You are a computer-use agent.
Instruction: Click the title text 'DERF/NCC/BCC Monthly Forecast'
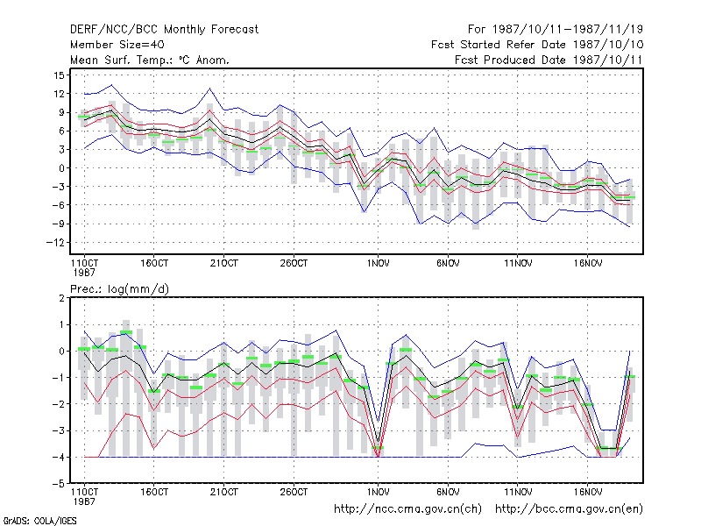coord(164,30)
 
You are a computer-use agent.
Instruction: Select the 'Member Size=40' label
coord(117,45)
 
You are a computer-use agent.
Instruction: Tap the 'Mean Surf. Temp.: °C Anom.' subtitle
coord(150,60)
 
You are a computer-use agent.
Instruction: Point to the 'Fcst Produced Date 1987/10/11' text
coord(549,60)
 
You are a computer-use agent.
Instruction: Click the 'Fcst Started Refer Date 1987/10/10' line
coord(537,45)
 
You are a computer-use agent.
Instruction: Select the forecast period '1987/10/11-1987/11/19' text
coord(567,30)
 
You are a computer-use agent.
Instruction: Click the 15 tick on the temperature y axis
coord(59,75)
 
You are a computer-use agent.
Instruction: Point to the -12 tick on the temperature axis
coord(55,243)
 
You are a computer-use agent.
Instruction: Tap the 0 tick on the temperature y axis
coord(61,168)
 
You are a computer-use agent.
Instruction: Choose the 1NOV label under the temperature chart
coord(378,264)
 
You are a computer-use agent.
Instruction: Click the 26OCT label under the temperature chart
coord(294,264)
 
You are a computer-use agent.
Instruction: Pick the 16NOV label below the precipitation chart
coord(587,492)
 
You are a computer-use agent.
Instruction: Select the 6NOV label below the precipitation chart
coord(448,492)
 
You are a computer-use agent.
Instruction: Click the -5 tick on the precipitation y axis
coord(60,484)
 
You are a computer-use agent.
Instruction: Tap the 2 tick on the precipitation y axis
coord(61,298)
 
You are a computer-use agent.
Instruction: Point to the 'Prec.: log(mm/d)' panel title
coord(119,289)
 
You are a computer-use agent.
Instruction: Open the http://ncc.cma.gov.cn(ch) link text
coord(407,509)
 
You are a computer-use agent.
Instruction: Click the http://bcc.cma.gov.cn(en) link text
coord(569,509)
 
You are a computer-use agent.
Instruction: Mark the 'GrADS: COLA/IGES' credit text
coord(39,521)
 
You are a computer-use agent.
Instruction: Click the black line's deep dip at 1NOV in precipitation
coord(379,442)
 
